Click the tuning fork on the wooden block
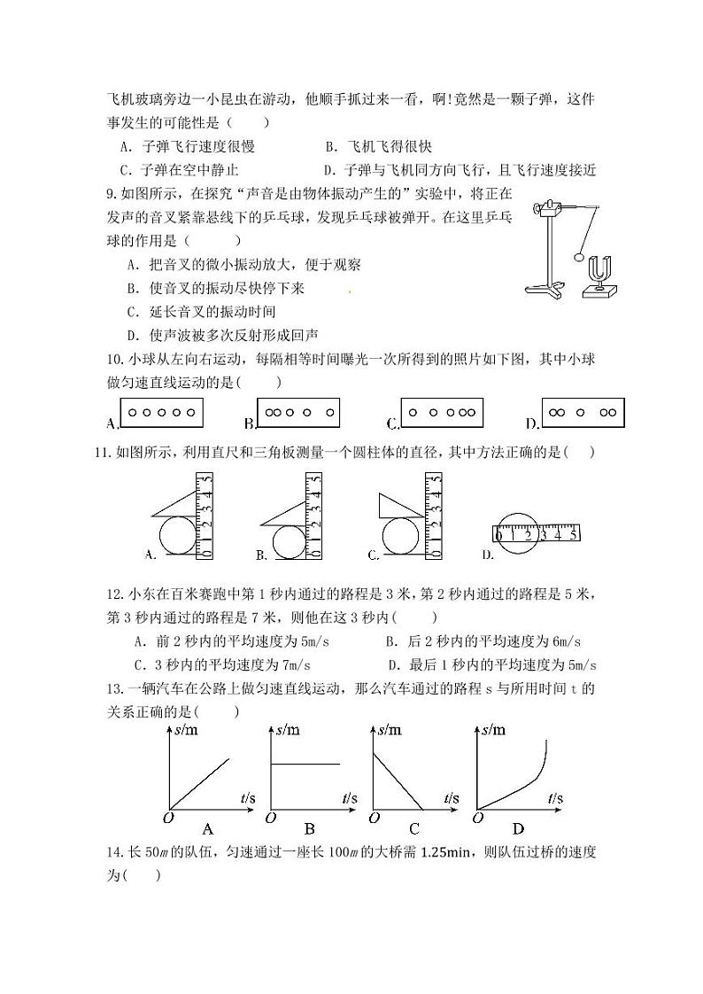[x=602, y=268]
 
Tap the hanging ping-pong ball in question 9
[x=579, y=258]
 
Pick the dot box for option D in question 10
[x=583, y=412]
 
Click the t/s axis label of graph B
[x=351, y=799]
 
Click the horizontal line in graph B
[x=304, y=764]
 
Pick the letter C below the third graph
[x=414, y=830]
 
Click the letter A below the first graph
[x=208, y=830]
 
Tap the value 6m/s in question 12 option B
[x=572, y=641]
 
